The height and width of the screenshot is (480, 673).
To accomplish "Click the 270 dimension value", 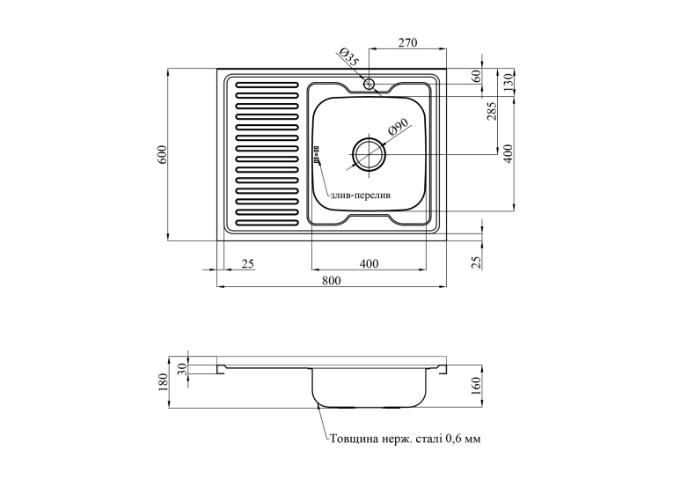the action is point(407,42).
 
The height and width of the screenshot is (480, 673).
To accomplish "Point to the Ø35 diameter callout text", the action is point(347,57).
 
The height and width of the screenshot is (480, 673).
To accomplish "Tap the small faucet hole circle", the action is point(369,84).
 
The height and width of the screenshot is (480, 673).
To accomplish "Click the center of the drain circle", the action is point(369,154).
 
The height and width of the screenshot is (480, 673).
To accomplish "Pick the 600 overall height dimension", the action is point(162,154).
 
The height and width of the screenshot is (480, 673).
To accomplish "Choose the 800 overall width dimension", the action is point(331,281).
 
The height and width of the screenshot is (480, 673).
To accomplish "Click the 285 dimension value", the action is point(492,111).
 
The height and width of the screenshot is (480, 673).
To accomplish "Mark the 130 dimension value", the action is point(508,82).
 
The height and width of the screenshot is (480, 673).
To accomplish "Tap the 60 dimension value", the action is point(476,78).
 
